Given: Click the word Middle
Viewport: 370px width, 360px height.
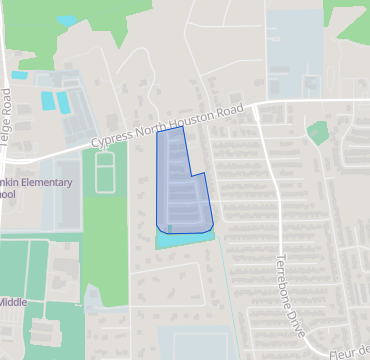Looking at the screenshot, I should point(13,301).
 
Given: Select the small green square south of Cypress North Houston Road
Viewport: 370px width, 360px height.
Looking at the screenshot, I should point(318,132).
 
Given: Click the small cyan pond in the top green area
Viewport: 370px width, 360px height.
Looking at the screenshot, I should point(67,20).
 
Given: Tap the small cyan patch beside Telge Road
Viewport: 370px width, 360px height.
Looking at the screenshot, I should point(19,75).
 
